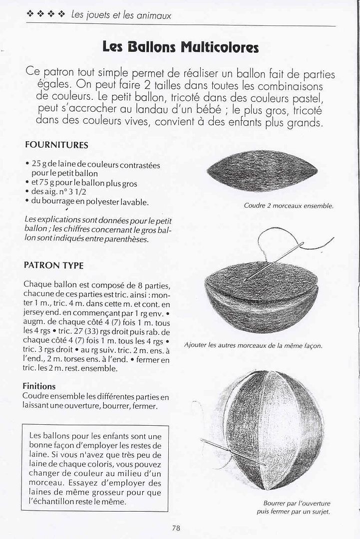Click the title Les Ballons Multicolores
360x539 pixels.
click(180, 47)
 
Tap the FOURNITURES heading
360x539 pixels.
click(56, 145)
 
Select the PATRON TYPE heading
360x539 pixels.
click(53, 266)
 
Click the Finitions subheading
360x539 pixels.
click(39, 386)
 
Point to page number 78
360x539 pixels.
click(175, 528)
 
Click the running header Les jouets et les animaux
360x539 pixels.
click(121, 15)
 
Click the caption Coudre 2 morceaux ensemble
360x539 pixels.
click(288, 206)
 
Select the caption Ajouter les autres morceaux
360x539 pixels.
click(253, 345)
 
